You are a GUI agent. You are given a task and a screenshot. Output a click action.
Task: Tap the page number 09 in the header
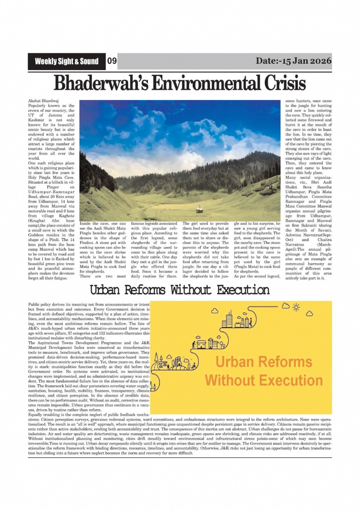pyautogui.click(x=112, y=61)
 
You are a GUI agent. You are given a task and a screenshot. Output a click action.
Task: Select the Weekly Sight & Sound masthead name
pyautogui.click(x=67, y=61)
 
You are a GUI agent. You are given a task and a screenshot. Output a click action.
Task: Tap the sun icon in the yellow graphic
pyautogui.click(x=296, y=306)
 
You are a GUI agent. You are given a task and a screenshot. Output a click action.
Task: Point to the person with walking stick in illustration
pyautogui.click(x=195, y=344)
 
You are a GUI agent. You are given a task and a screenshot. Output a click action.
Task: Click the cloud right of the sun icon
pyautogui.click(x=310, y=314)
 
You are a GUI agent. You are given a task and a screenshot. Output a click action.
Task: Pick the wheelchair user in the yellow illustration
pyautogui.click(x=195, y=366)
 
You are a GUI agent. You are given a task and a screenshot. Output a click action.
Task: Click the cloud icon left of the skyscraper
pyautogui.click(x=214, y=311)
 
